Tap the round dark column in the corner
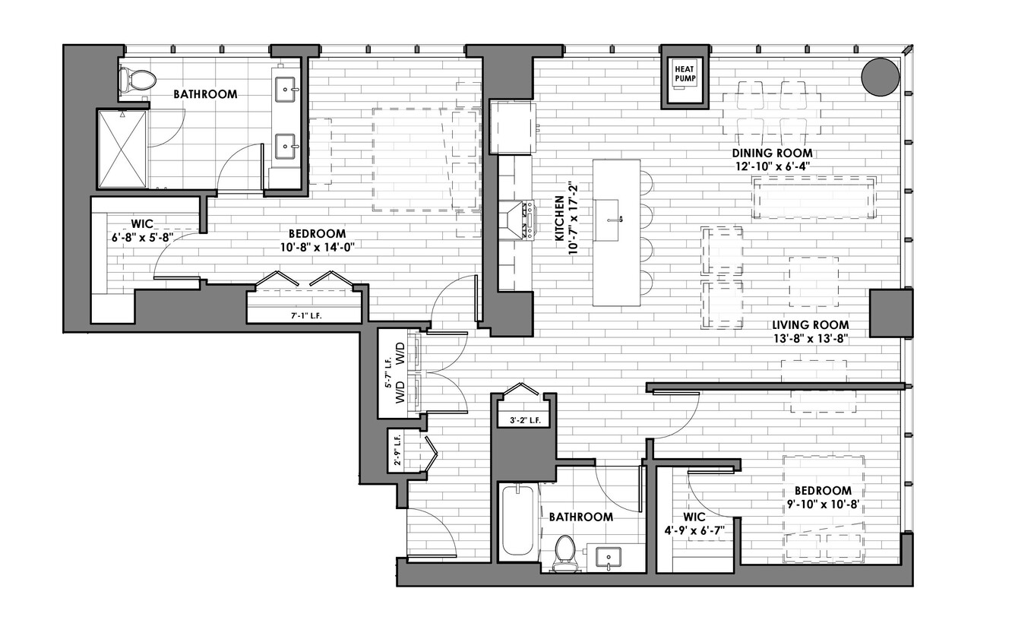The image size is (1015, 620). click(x=880, y=77)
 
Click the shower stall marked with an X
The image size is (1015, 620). click(x=123, y=149)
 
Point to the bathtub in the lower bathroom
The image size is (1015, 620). click(x=518, y=520)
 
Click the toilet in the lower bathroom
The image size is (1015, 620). click(x=564, y=553)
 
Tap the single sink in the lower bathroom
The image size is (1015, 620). click(x=608, y=556)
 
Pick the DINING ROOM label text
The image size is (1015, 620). click(x=772, y=153)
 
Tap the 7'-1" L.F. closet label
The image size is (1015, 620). click(x=306, y=316)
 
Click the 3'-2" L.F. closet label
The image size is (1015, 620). click(x=525, y=420)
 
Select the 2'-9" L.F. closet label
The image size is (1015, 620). click(x=397, y=451)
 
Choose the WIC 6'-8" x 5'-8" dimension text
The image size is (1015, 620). click(x=143, y=237)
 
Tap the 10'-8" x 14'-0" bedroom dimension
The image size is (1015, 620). click(x=318, y=247)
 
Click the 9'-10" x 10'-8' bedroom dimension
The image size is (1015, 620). click(x=824, y=504)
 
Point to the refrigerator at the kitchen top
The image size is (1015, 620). click(x=514, y=128)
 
